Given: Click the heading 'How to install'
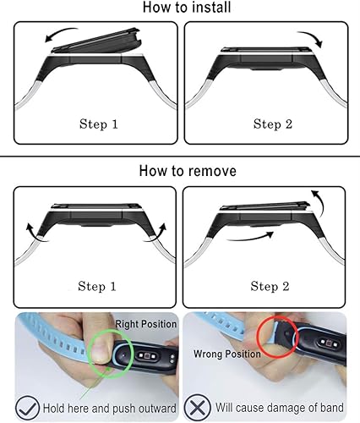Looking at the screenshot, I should [x=179, y=9].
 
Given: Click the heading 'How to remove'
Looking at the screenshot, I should [x=179, y=171].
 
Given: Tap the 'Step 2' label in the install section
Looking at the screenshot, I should [x=272, y=124].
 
